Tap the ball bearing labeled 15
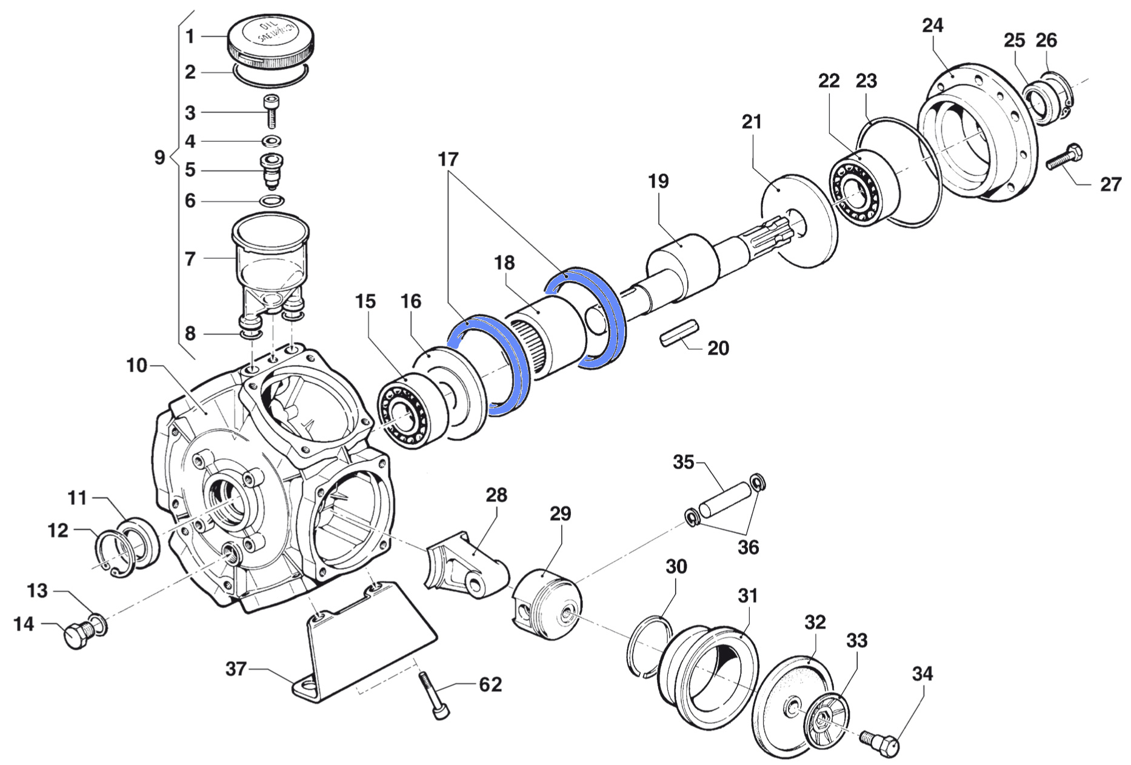(x=404, y=411)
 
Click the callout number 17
(x=449, y=160)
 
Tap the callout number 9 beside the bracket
(x=159, y=158)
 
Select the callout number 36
(x=748, y=547)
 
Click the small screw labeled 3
(x=270, y=112)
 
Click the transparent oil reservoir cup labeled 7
(x=271, y=261)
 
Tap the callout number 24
(x=933, y=26)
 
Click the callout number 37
(x=236, y=669)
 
